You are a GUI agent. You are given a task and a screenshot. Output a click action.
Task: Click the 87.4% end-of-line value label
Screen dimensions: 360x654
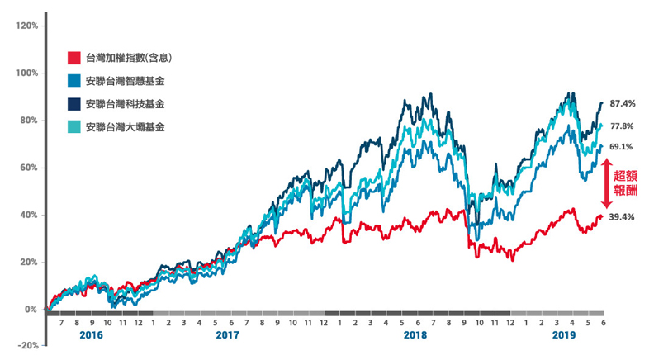click(622, 104)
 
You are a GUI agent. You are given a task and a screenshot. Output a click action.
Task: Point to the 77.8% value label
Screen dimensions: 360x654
click(622, 126)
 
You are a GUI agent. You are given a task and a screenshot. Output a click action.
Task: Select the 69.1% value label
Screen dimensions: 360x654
click(622, 147)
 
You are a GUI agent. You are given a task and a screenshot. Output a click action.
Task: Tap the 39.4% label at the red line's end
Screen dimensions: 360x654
click(622, 217)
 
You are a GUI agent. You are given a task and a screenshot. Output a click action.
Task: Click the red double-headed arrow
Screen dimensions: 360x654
click(605, 183)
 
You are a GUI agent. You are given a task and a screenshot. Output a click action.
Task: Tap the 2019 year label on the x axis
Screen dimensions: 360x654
click(562, 338)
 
